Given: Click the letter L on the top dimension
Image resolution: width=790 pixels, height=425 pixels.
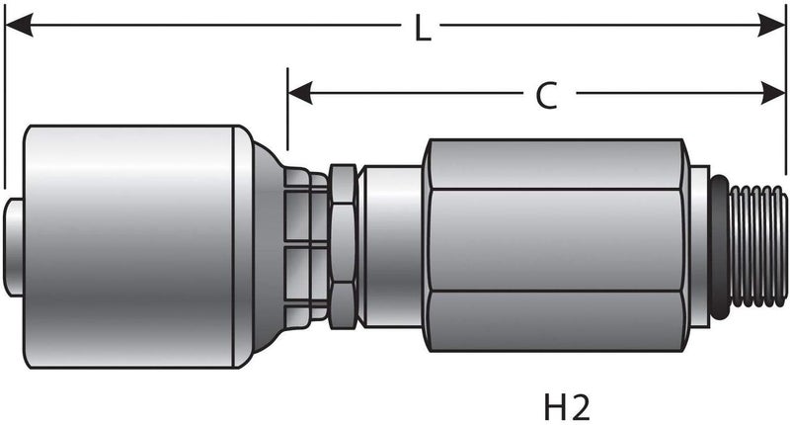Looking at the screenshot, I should tap(422, 30).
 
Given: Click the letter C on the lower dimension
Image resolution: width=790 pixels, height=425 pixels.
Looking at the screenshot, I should tap(546, 96).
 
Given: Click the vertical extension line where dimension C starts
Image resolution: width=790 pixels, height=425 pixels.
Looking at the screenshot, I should tap(287, 119).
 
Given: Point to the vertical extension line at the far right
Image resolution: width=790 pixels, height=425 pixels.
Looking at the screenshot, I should tap(785, 99).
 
